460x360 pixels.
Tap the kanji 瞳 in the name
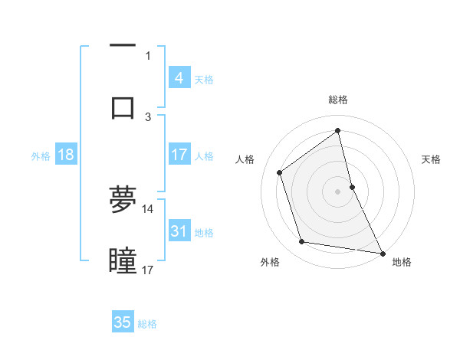[123, 261]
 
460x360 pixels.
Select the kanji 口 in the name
[123, 106]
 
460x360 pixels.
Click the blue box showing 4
[179, 77]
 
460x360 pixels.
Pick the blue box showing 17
[179, 154]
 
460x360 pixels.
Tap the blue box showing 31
[179, 230]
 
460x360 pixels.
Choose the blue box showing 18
[66, 154]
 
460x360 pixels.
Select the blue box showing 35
[123, 322]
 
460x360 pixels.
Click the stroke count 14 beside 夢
[147, 208]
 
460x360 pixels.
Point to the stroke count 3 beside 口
[148, 116]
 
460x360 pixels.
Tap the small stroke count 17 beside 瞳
[147, 270]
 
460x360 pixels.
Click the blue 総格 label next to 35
[147, 323]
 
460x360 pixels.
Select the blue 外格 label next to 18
[41, 155]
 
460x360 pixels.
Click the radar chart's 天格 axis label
[431, 159]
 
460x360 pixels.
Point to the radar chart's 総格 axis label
[338, 100]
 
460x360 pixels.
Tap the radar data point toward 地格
[381, 253]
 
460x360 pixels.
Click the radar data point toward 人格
[280, 172]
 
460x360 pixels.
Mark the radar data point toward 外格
[302, 242]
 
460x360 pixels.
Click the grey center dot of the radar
[338, 191]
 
